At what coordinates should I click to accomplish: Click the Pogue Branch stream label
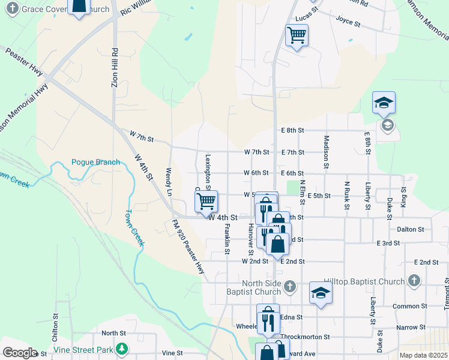coord(95,162)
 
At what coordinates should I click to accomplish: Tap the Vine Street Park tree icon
coord(122,348)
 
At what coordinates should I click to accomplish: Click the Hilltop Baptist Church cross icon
coord(414,280)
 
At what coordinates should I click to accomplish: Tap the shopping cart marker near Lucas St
coord(297,36)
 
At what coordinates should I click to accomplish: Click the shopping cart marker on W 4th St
coord(206,201)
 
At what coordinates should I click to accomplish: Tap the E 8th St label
coord(292,130)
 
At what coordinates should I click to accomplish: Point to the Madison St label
coord(327,151)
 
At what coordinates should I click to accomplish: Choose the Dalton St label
coord(411,229)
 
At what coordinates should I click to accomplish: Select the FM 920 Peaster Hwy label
coord(188,247)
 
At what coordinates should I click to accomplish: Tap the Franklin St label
coord(227,239)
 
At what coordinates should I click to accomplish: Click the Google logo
coord(19,353)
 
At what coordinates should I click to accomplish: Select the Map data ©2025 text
coord(423,355)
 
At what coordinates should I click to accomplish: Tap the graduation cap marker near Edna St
coord(321,293)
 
